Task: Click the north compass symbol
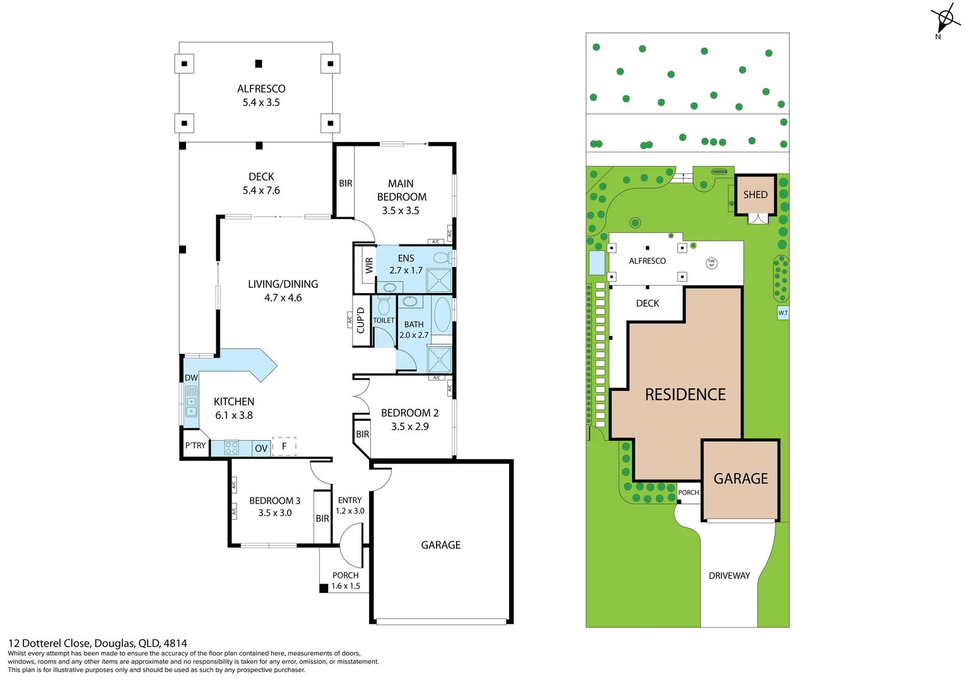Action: (945, 19)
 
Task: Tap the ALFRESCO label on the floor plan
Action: (261, 89)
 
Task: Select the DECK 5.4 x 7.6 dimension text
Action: (261, 190)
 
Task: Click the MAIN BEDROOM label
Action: (401, 190)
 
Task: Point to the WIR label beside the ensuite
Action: (369, 266)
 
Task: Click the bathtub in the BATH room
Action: (442, 315)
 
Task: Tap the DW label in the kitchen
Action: (191, 378)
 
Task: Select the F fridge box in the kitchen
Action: (284, 446)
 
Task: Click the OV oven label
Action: (261, 448)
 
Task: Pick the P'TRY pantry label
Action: (195, 445)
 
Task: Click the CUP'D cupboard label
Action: (361, 320)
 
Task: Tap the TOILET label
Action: (384, 320)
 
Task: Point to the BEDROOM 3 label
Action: (274, 501)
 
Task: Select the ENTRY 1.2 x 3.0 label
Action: (350, 505)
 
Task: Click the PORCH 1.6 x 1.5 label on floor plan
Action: (346, 580)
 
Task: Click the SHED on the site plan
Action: (755, 194)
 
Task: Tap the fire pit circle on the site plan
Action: (711, 263)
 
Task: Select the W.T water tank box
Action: (783, 313)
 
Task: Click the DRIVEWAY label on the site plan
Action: (729, 575)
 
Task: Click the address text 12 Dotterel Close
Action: (97, 643)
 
